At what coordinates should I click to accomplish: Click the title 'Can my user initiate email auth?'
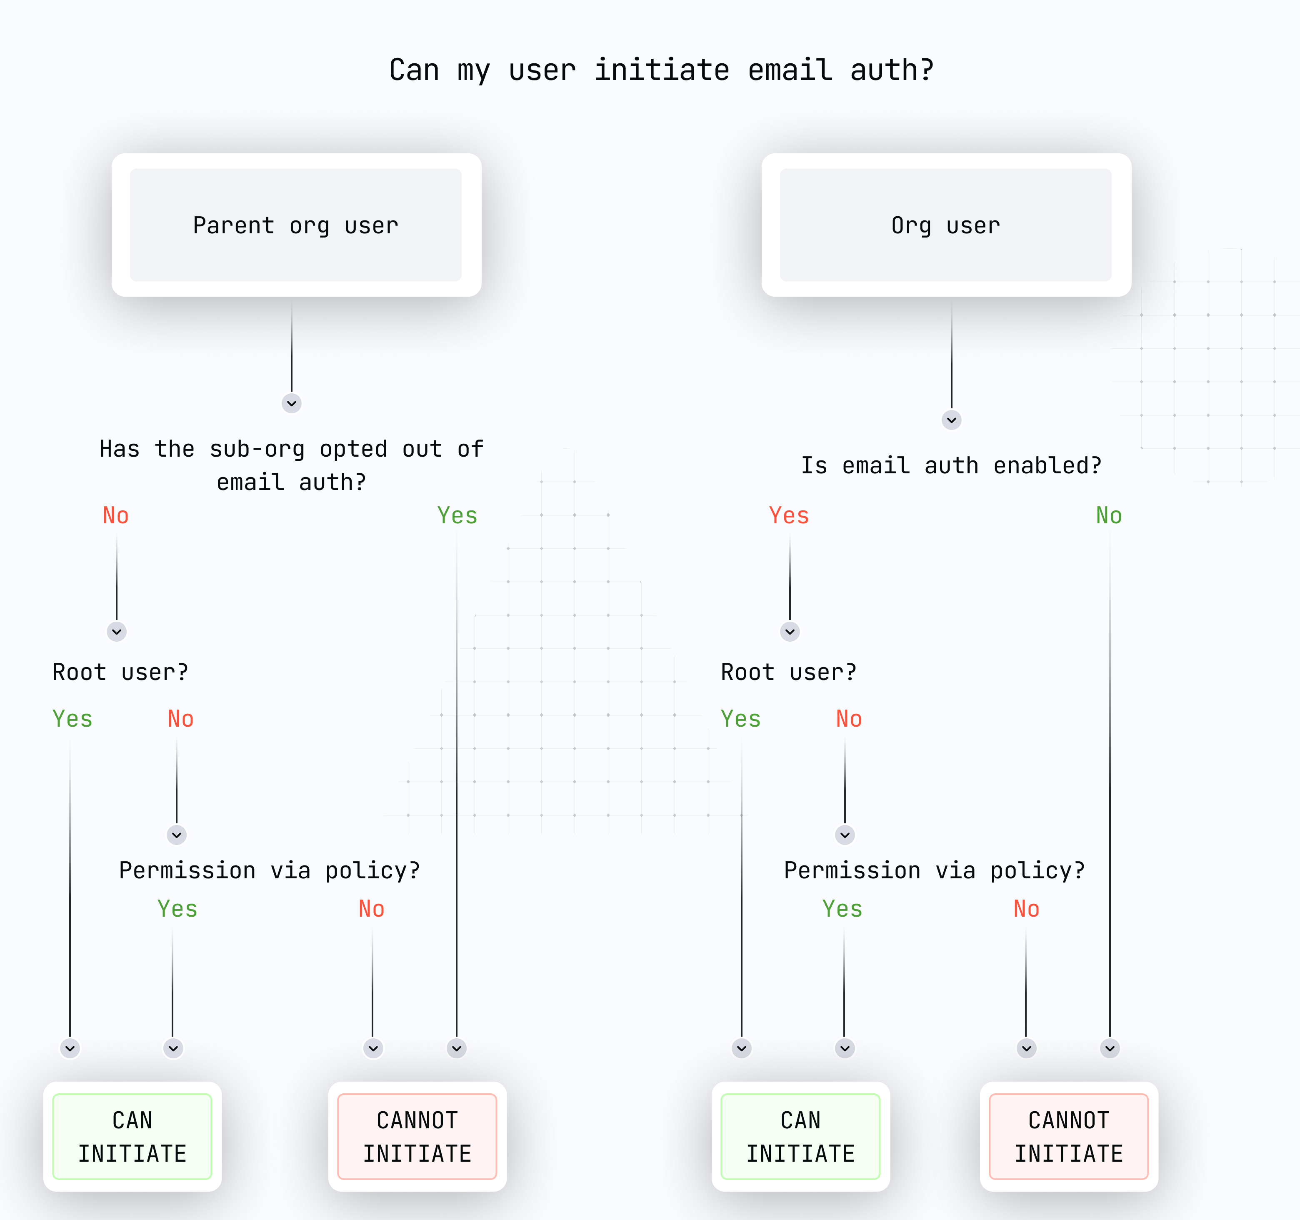tap(661, 70)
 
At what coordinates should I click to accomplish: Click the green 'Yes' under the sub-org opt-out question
tap(457, 516)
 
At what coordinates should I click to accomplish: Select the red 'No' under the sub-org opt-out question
tap(116, 516)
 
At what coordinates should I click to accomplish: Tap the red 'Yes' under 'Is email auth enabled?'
tap(789, 516)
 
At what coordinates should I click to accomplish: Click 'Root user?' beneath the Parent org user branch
tap(120, 672)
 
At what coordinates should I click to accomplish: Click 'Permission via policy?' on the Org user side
tap(935, 871)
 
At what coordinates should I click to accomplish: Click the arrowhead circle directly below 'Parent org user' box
tap(292, 403)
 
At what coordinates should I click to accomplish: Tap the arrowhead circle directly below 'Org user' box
tap(952, 420)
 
